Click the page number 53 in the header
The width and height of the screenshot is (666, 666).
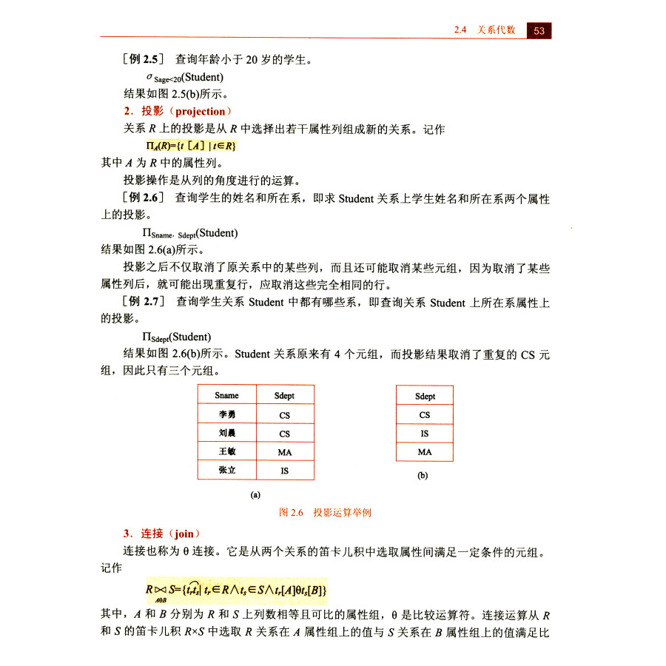coord(539,30)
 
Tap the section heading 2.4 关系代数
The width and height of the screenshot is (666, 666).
coord(485,30)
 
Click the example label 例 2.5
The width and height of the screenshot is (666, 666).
coord(141,58)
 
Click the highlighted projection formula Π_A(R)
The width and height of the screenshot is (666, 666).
coord(191,146)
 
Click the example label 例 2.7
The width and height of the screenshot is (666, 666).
coord(142,302)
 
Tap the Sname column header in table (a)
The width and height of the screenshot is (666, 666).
coord(226,396)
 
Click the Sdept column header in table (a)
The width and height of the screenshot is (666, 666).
coord(285,396)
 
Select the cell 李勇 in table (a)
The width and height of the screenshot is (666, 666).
coord(226,414)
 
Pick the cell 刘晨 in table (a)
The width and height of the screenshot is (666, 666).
coord(226,433)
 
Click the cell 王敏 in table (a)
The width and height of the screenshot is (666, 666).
coord(226,451)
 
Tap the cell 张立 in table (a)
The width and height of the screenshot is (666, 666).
coord(226,470)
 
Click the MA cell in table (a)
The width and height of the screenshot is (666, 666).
coord(285,451)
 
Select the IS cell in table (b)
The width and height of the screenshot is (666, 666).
coord(424,434)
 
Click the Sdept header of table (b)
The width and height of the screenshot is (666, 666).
coord(425,396)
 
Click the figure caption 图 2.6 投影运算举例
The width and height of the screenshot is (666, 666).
coord(324,512)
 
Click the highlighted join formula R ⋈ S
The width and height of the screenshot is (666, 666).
coord(236,590)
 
